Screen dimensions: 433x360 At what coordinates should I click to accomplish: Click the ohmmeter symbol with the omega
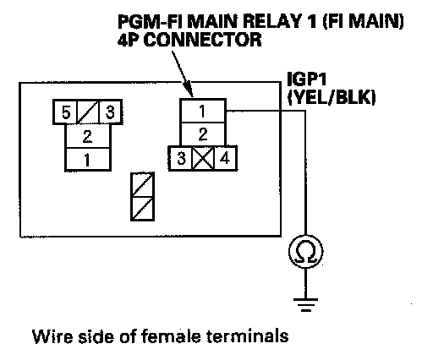306,252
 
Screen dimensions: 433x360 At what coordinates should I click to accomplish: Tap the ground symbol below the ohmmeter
306,305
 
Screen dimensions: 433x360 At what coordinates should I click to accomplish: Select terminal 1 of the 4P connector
203,111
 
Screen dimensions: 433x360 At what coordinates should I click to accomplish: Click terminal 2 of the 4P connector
203,134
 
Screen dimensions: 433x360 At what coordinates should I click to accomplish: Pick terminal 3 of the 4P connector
181,158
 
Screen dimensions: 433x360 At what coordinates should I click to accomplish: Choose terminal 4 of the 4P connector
225,158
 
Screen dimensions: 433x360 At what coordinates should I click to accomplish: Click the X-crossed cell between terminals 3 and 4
203,158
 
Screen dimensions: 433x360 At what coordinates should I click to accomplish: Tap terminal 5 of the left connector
65,112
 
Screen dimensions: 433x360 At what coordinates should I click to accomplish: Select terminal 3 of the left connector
110,112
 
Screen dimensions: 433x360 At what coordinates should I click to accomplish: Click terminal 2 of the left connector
88,136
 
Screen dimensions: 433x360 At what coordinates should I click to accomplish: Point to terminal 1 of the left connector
88,160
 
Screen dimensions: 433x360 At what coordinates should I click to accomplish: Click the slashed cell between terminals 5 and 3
88,112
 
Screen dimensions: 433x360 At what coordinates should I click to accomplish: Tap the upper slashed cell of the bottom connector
143,185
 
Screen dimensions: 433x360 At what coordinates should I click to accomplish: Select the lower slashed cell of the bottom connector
143,209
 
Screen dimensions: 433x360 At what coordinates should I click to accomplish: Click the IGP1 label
307,79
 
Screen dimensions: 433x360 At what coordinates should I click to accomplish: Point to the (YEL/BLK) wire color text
332,97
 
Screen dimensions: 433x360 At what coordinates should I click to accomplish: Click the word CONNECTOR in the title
203,40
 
